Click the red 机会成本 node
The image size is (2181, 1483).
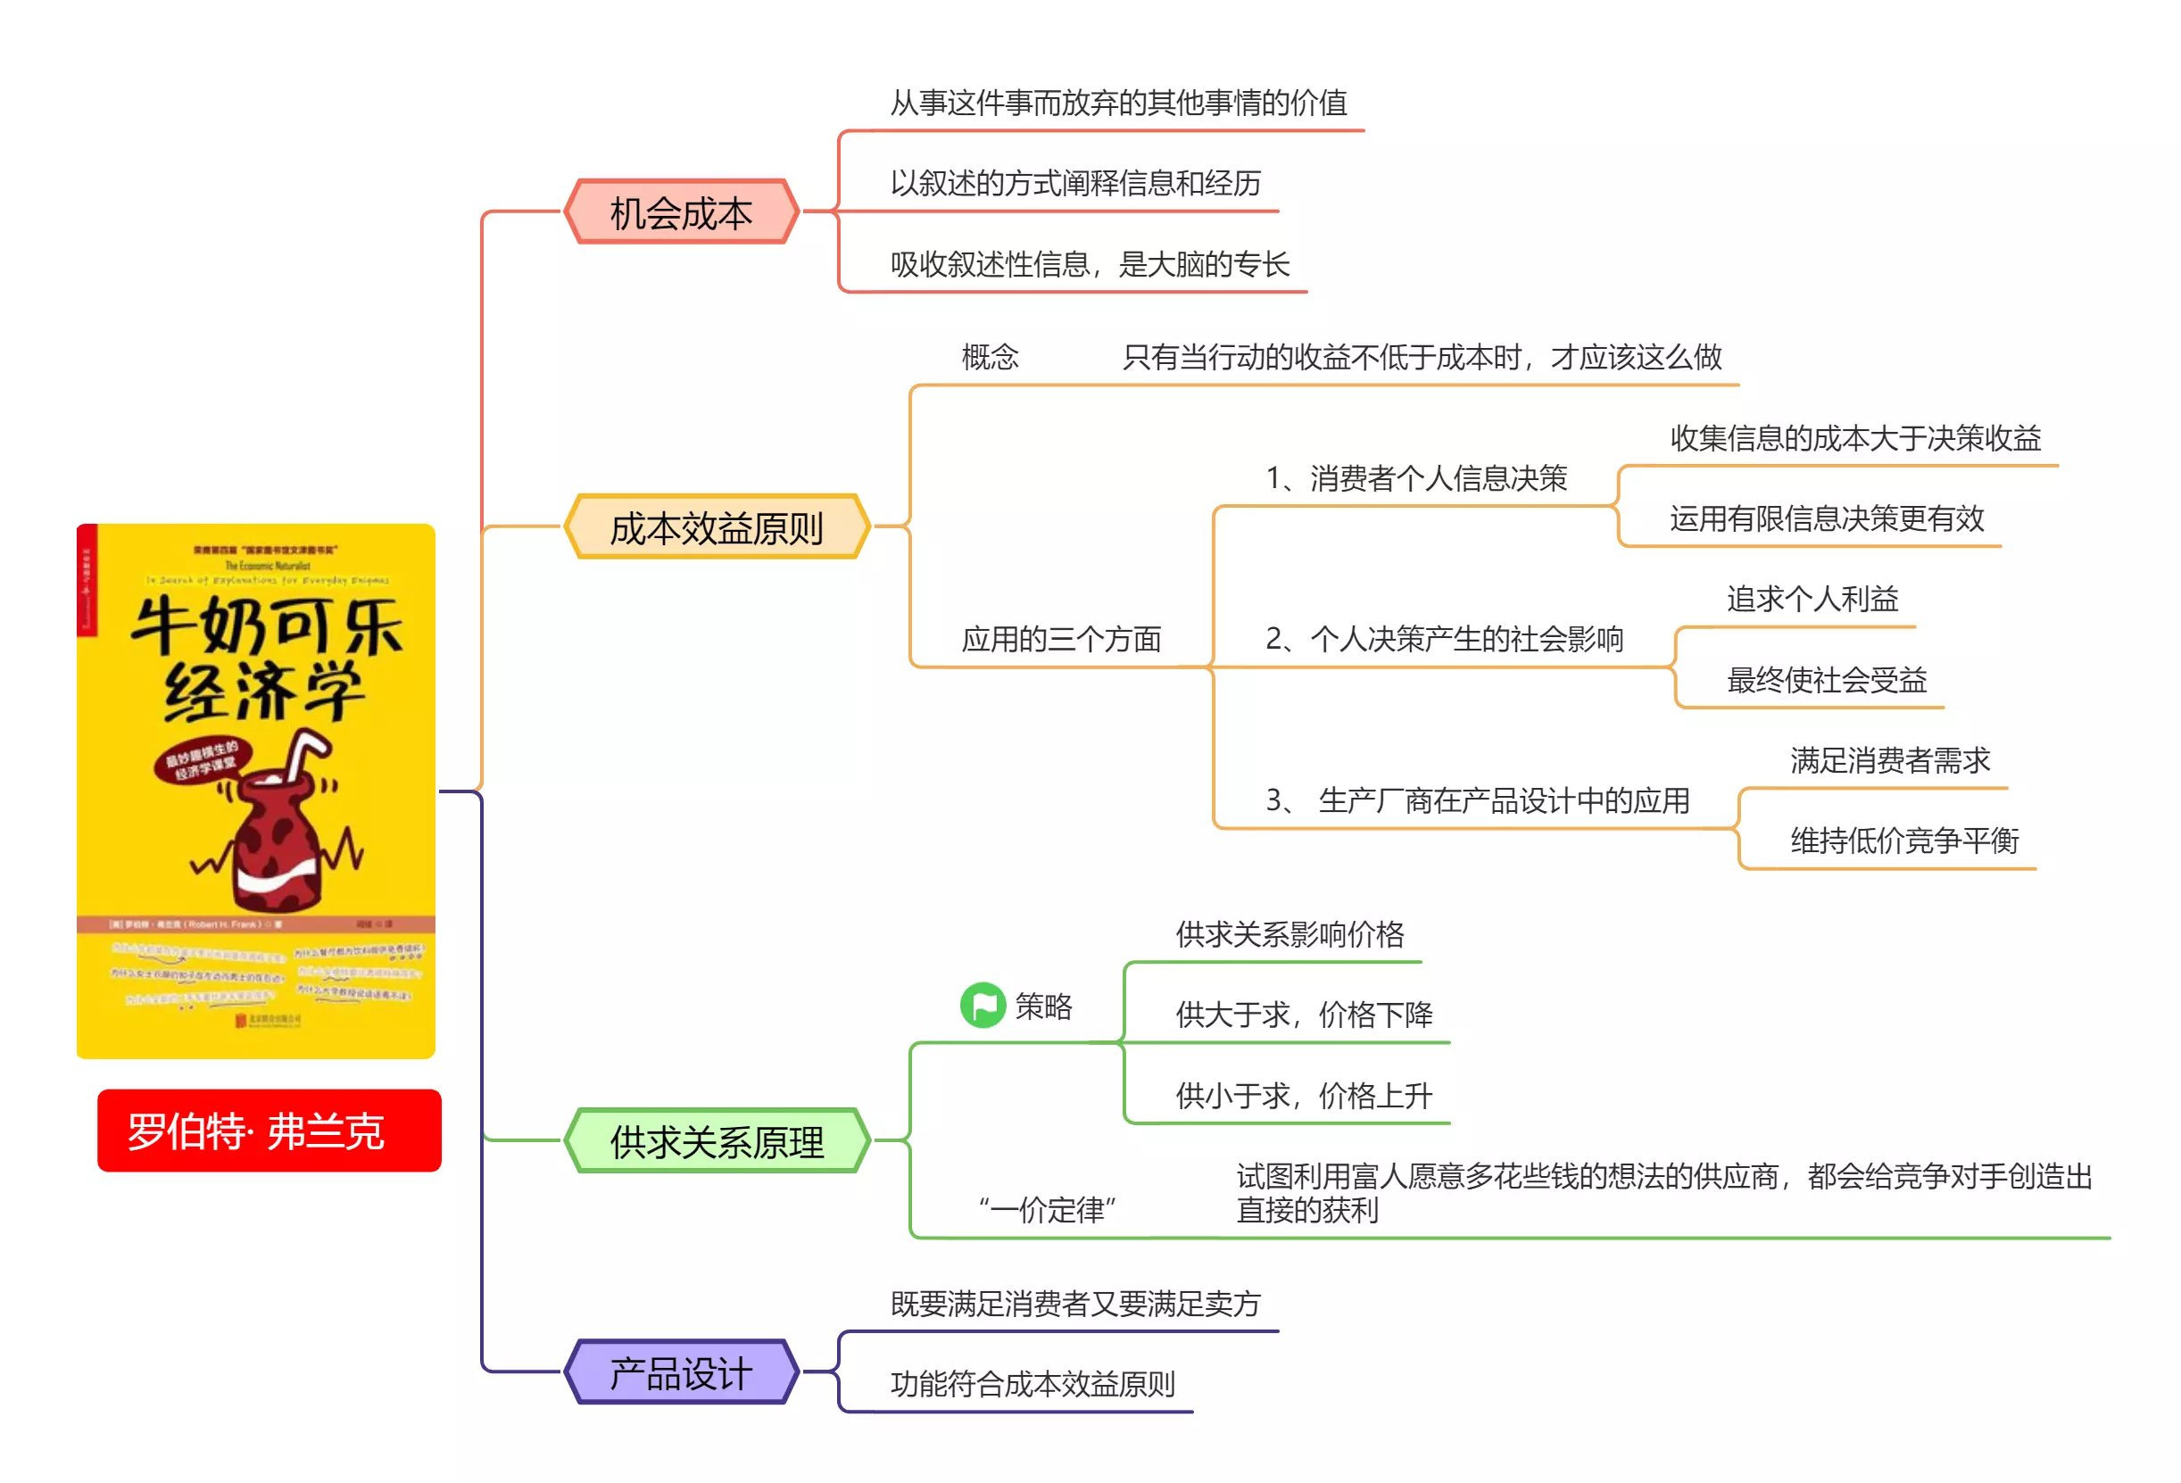(681, 213)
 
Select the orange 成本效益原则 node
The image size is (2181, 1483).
(717, 527)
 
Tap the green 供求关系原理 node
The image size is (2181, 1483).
(717, 1141)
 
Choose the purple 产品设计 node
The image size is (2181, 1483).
(681, 1372)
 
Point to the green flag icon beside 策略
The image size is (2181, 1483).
(983, 1007)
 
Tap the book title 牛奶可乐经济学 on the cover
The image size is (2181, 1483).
(266, 657)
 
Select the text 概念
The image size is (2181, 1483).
(990, 358)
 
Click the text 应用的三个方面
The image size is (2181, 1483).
(1061, 640)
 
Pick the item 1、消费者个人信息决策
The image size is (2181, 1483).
(1416, 478)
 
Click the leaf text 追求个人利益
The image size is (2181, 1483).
(1812, 599)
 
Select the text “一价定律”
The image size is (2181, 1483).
(1048, 1210)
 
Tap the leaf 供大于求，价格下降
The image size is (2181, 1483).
(1304, 1015)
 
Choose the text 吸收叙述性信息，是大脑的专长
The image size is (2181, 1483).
(1090, 265)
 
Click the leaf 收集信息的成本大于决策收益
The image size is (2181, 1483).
(1855, 438)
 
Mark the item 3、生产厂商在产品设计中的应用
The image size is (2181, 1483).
(1477, 800)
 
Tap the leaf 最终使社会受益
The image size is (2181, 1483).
(1826, 681)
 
